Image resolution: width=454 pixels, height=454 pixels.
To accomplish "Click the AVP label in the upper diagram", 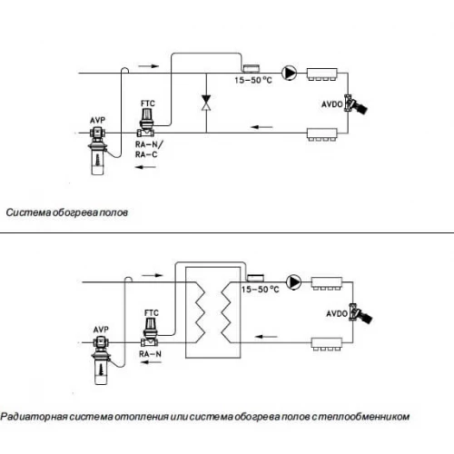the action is click(97, 120).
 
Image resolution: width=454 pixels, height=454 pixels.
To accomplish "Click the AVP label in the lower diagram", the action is click(101, 330).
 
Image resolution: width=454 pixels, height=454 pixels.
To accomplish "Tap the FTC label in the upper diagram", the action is click(148, 104).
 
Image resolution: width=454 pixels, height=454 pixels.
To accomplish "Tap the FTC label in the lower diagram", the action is click(152, 312).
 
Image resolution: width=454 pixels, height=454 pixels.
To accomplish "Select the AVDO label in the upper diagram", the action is click(332, 104).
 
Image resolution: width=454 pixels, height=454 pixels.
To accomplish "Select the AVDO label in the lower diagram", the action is click(337, 313).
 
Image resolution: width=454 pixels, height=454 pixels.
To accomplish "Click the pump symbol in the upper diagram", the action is click(290, 73).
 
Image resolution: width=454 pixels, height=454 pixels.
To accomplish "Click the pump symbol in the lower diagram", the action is click(293, 282).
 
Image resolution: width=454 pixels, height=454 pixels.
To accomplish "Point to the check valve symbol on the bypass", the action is click(206, 103).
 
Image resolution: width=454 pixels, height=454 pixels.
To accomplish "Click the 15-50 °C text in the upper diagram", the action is click(253, 80).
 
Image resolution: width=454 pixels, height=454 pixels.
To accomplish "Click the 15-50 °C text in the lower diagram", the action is click(260, 290).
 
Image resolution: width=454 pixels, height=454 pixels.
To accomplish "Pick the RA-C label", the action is click(146, 154).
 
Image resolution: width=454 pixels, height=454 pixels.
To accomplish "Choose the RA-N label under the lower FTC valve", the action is click(150, 354).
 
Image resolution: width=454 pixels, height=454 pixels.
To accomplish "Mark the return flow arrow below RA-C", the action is click(145, 167).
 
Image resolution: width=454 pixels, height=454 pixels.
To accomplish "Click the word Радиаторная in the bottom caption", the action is click(34, 417).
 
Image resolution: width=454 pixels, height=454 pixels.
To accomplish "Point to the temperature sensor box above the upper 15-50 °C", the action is click(252, 68).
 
